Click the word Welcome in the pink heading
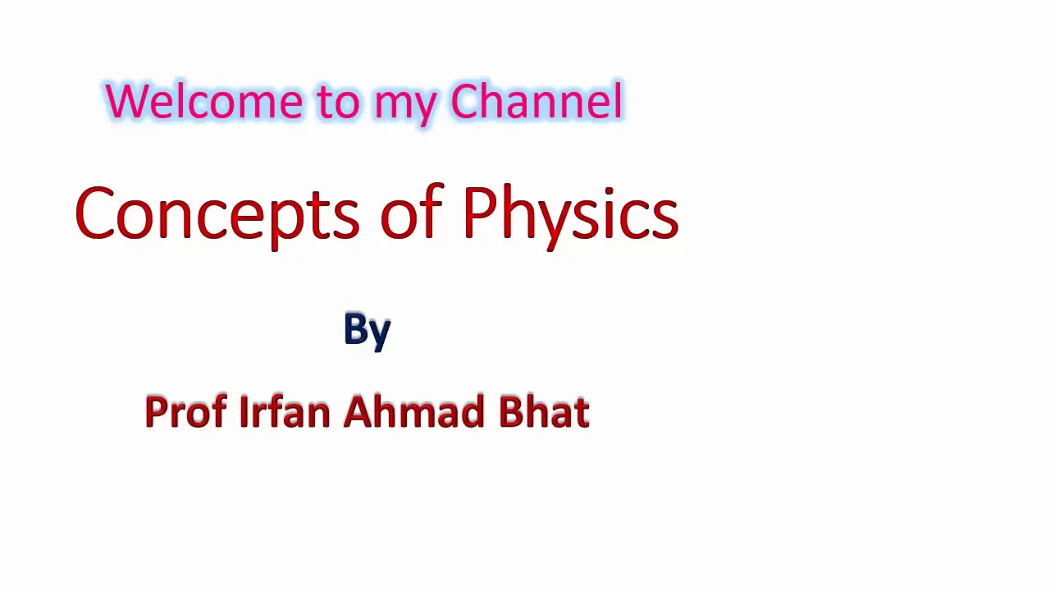204,101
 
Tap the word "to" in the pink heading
337,103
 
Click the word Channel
536,101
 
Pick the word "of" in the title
412,211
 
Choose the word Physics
571,217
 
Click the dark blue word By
367,331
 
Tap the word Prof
186,411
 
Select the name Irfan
285,411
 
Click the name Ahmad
414,411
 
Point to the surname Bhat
544,411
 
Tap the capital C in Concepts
94,213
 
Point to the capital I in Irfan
243,411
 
